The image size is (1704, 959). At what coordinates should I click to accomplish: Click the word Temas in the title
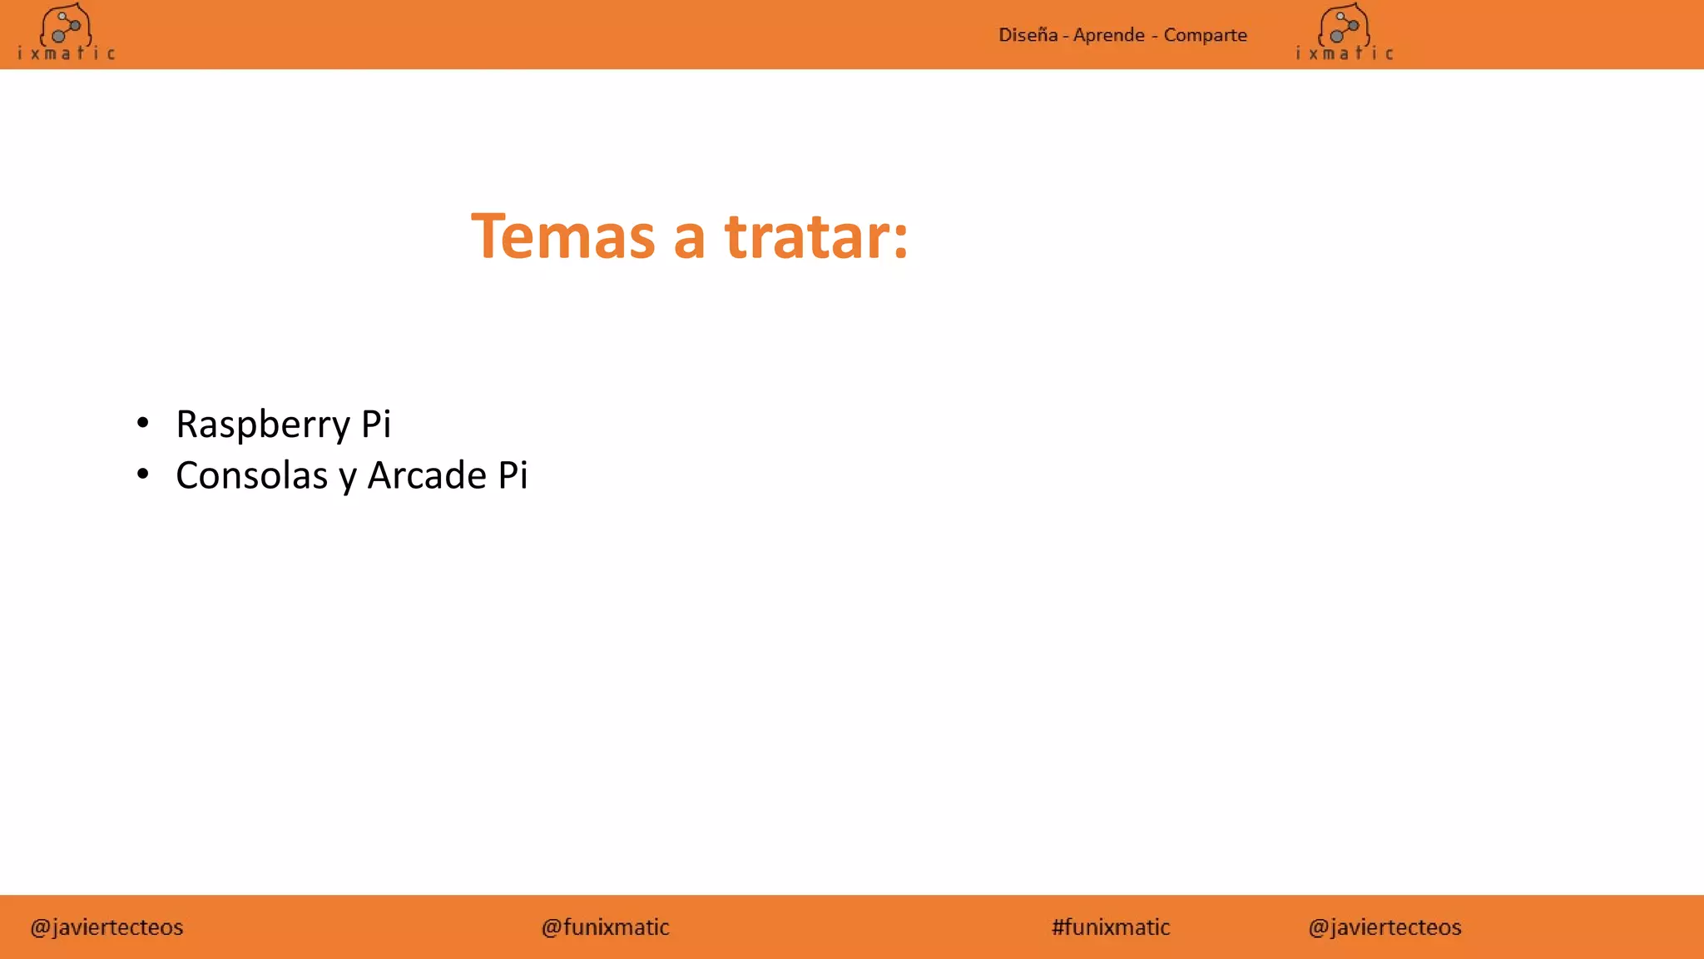(x=562, y=237)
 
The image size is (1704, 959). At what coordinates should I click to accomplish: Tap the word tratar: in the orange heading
(x=816, y=237)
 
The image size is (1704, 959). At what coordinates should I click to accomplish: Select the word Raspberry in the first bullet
(x=263, y=425)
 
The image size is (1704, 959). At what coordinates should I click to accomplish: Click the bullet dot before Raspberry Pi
(x=143, y=423)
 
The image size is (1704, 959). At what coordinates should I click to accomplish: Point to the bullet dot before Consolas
(x=143, y=475)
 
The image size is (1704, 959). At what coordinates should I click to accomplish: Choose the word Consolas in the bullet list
(x=252, y=475)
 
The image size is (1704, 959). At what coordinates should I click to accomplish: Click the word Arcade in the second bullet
(x=427, y=475)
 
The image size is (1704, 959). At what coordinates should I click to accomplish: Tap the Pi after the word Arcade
(x=513, y=475)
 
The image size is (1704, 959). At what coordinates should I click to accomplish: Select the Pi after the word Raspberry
(x=376, y=424)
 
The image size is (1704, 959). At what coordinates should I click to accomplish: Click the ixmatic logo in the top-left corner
(x=66, y=33)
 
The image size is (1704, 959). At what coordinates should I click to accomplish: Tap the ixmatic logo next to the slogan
(x=1344, y=33)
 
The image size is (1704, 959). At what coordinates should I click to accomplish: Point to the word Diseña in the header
(x=1028, y=35)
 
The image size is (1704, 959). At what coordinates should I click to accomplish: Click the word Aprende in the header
(x=1109, y=35)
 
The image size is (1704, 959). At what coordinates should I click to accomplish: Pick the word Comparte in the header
(x=1205, y=35)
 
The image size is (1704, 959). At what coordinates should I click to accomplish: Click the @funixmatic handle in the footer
(x=605, y=927)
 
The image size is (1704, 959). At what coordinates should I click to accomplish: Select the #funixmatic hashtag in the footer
(x=1111, y=927)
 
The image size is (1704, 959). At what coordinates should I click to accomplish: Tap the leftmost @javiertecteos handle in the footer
(x=106, y=927)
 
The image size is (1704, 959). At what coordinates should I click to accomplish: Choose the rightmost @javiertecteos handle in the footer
(x=1384, y=927)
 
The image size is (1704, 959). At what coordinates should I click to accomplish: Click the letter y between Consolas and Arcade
(x=348, y=478)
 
